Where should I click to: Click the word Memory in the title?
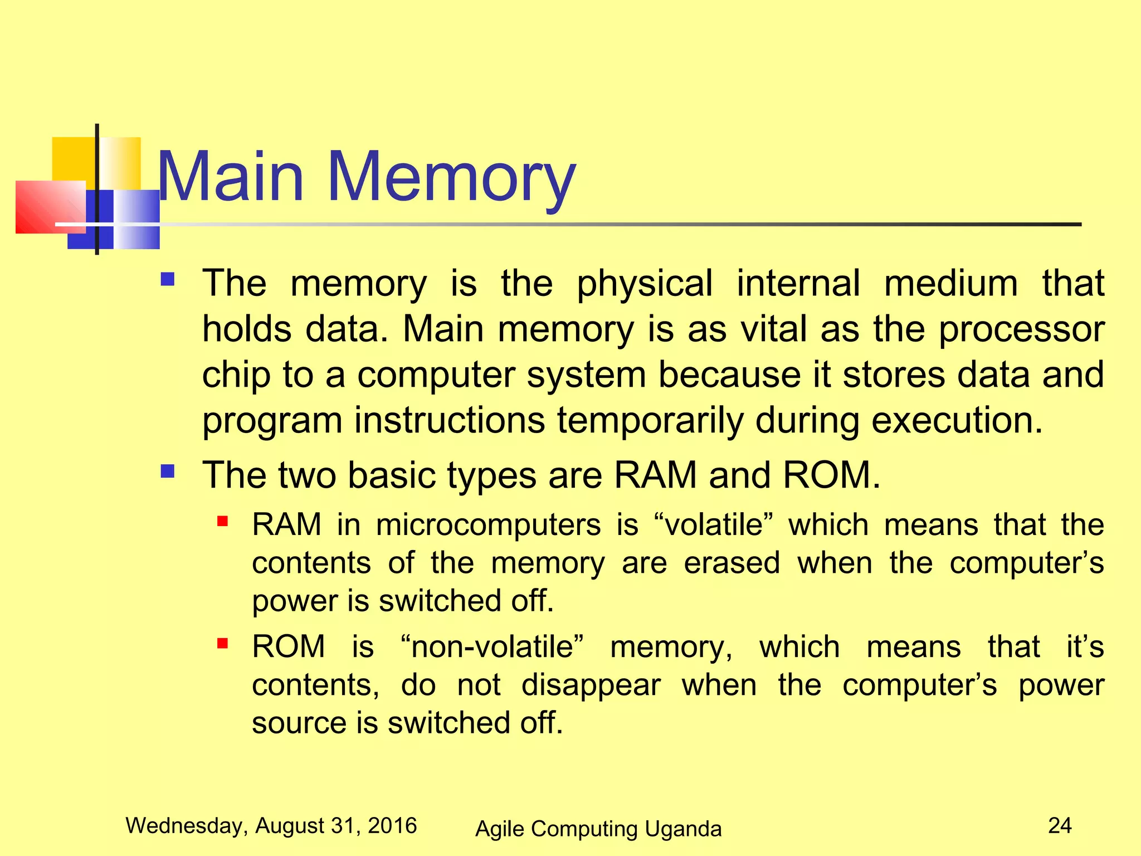coord(451,177)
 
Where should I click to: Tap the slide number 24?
coord(1060,825)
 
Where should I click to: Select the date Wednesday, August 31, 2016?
coord(271,825)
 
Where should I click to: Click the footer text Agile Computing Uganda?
coord(598,829)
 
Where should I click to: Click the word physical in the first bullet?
coord(644,284)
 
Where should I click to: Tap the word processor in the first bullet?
coord(1022,330)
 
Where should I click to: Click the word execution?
coord(956,421)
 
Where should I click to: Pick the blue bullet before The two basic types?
coord(168,472)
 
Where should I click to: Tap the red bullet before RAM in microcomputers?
coord(223,522)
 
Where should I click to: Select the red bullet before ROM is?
coord(223,644)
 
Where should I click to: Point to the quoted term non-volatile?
coord(493,647)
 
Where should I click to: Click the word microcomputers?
coord(488,525)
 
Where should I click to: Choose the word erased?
coord(732,563)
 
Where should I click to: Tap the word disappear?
coord(591,685)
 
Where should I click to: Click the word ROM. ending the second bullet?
coord(831,475)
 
